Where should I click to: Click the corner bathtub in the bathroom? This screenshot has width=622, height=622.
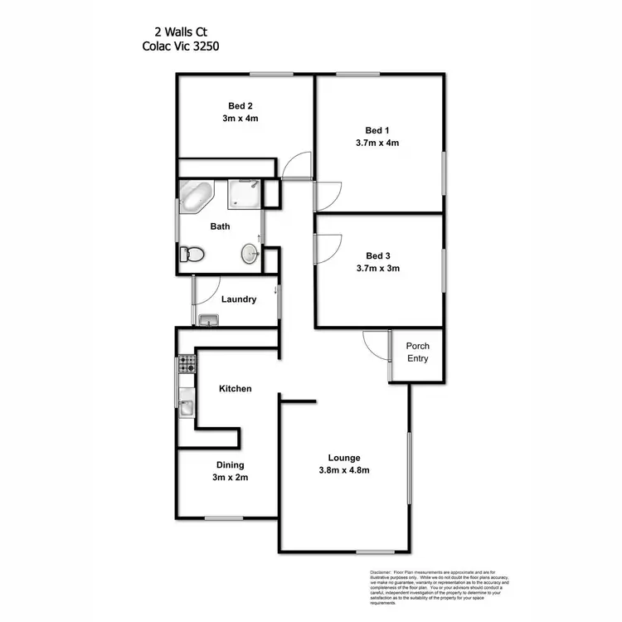pyautogui.click(x=197, y=196)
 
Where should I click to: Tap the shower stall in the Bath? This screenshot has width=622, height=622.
pyautogui.click(x=244, y=194)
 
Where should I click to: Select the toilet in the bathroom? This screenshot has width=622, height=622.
pyautogui.click(x=192, y=254)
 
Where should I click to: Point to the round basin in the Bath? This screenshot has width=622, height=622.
pyautogui.click(x=250, y=253)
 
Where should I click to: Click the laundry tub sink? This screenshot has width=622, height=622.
pyautogui.click(x=208, y=320)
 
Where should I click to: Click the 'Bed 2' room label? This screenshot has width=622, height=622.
pyautogui.click(x=241, y=105)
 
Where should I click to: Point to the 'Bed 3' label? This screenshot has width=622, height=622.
pyautogui.click(x=377, y=256)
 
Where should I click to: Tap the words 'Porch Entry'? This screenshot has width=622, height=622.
pyautogui.click(x=417, y=352)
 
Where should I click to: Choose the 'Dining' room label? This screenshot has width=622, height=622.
pyautogui.click(x=231, y=465)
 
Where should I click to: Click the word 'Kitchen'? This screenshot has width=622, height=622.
pyautogui.click(x=235, y=388)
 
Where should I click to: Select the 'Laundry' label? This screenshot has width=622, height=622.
pyautogui.click(x=239, y=299)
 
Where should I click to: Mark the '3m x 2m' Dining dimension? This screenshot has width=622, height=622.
pyautogui.click(x=231, y=478)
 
